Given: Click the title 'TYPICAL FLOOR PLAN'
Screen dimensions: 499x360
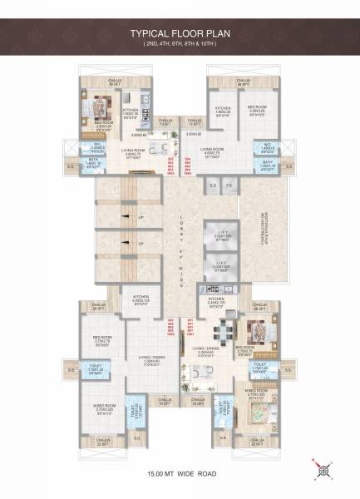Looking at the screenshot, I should tap(180, 35).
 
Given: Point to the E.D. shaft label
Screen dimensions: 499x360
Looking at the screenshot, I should tap(212, 185).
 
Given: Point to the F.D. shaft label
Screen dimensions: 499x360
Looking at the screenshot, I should tap(228, 185).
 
